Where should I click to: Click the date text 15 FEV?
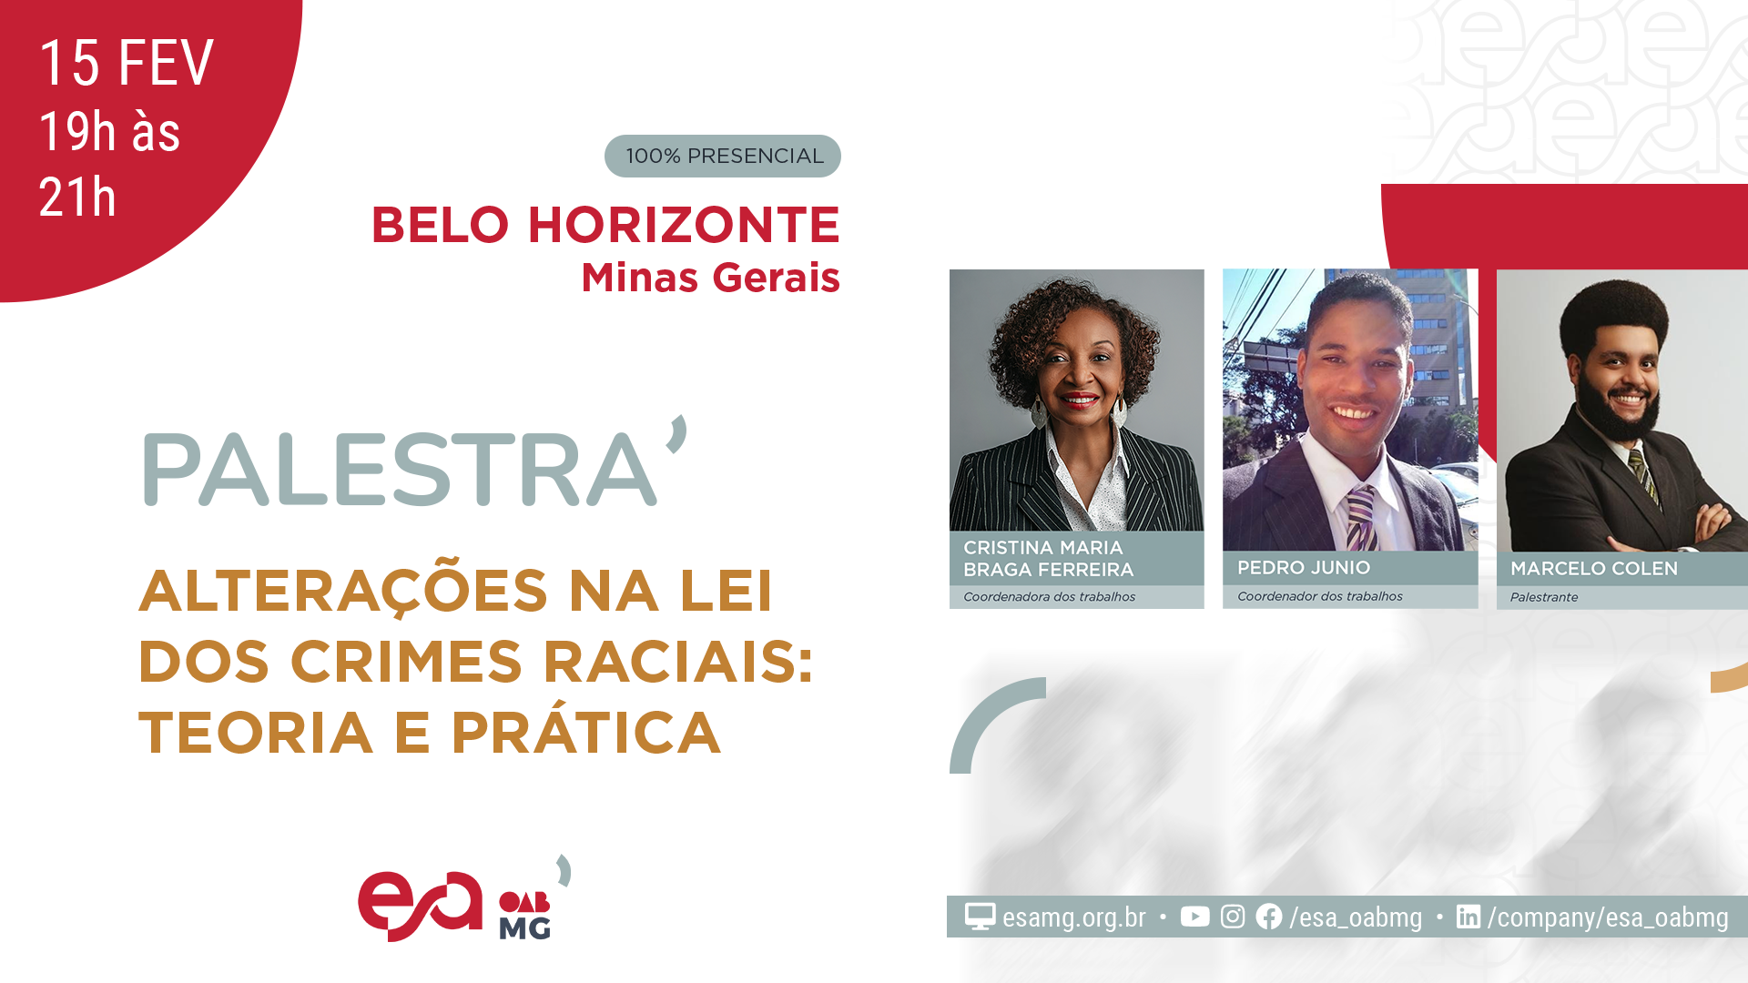127,64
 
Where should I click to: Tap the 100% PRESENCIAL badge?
723,156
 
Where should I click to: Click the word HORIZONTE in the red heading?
684,225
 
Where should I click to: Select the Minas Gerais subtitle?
710,278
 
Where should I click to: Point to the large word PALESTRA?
401,469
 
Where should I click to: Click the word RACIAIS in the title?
677,662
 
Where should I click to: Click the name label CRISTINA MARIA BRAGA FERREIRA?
1048,559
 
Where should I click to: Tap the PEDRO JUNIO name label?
1303,568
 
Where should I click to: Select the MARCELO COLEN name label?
1593,569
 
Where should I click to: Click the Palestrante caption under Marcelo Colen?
1544,597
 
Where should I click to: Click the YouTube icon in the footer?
1194,917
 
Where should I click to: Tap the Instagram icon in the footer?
1232,917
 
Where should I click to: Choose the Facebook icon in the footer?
1268,917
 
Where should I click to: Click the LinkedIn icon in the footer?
1468,917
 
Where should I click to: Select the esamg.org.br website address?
1073,917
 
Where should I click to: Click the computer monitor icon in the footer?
980,917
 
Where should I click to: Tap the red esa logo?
420,906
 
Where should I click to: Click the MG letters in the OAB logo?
524,927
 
